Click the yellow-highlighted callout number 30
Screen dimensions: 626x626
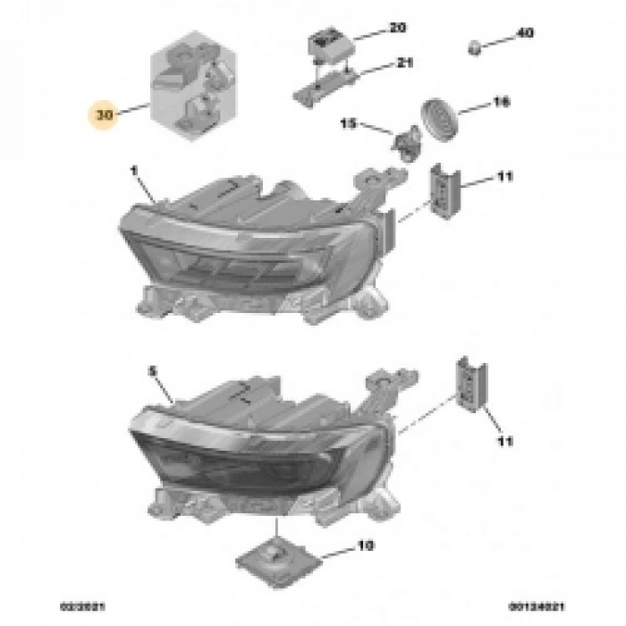[x=106, y=114]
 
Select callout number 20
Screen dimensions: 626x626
[x=372, y=30]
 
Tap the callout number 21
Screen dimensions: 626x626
[x=381, y=63]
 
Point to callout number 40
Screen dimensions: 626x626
[x=525, y=33]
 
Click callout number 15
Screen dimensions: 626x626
[x=347, y=122]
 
